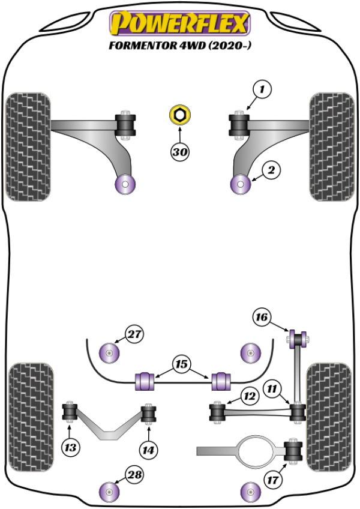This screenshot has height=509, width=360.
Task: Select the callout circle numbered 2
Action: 271,171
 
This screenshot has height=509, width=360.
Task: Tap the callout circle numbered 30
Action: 179,152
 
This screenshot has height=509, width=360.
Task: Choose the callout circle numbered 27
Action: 136,334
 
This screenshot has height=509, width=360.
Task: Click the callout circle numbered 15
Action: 181,363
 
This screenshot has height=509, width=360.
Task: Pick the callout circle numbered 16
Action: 262,317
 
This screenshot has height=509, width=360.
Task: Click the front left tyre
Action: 27,146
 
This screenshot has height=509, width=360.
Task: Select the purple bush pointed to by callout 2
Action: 242,184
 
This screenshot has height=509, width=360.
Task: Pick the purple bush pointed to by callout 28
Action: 109,493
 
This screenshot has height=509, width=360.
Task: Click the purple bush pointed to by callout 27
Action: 110,352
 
